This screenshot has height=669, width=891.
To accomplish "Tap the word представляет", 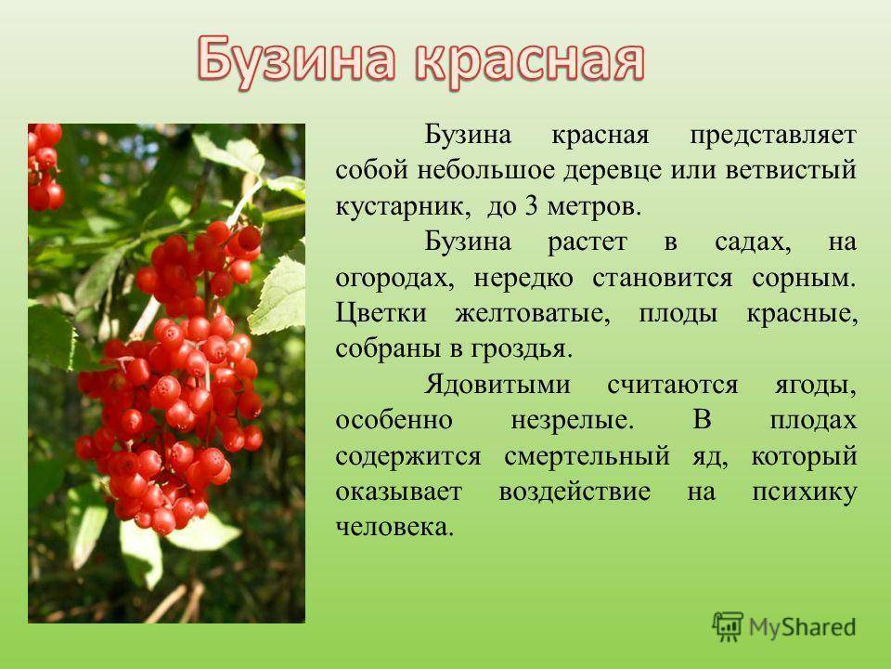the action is tap(773, 137).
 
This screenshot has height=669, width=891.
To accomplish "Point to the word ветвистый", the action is tap(791, 171).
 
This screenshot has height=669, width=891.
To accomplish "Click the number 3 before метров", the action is tap(531, 206).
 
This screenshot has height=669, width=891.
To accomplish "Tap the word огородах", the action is tap(395, 278).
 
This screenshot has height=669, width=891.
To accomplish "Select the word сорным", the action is tap(804, 278).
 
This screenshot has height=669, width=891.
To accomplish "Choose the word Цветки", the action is tap(381, 314).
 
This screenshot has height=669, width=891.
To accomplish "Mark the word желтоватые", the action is tap(533, 314).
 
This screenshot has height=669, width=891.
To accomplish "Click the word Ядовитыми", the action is tap(497, 386).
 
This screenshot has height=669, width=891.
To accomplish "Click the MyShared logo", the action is tap(784, 626).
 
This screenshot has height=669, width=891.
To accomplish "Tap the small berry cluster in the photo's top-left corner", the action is tap(45, 166).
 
